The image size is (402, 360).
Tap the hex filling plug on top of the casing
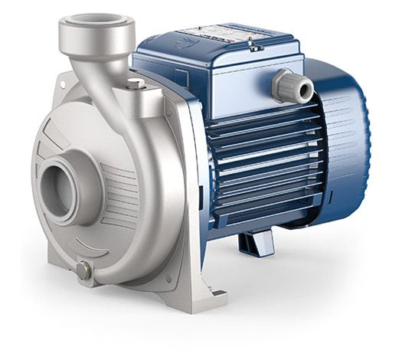tap(136, 83)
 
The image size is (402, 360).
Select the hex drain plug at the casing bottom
tap(83, 270)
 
